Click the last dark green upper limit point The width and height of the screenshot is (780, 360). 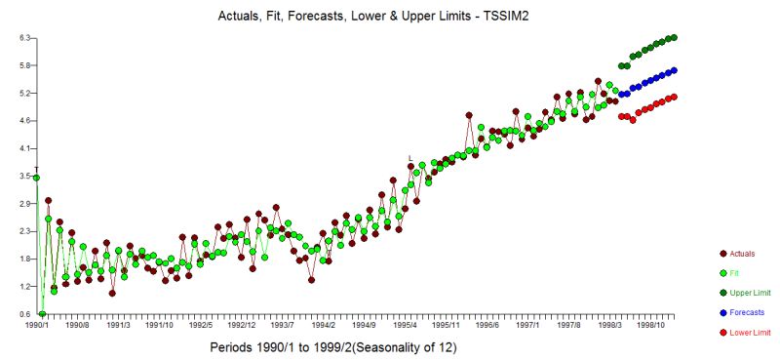pos(674,38)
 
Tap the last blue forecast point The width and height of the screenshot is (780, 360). pos(674,70)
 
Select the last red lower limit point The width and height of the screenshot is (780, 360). pos(674,97)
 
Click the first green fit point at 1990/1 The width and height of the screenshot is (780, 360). pos(36,178)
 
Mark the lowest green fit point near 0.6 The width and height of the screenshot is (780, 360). pos(42,314)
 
